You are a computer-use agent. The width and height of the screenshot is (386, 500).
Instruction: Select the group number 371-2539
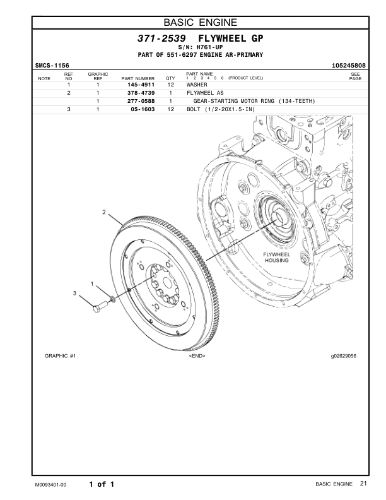[x=161, y=39]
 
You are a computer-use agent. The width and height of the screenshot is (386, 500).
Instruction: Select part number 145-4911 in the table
[x=141, y=84]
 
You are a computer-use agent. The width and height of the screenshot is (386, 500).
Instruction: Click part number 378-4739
[x=141, y=93]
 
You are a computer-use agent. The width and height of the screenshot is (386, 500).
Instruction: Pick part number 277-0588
[x=141, y=101]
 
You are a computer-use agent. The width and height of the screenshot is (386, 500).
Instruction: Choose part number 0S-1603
[x=143, y=110]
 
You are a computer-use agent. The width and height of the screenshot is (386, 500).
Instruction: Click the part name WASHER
[x=197, y=84]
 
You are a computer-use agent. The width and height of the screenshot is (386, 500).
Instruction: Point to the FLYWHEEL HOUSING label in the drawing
[x=276, y=257]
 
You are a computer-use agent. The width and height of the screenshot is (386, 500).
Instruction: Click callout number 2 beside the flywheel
[x=103, y=211]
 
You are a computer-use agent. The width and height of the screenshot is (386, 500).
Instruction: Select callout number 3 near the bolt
[x=74, y=294]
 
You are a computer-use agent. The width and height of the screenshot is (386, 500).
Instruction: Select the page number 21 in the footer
[x=363, y=484]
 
